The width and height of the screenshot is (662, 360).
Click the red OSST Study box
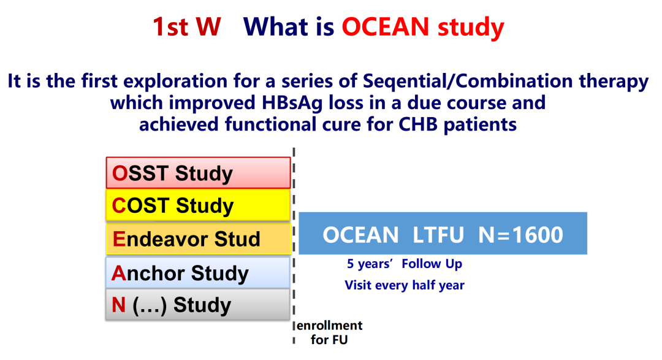198,173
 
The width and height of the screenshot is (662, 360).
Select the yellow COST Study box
198,205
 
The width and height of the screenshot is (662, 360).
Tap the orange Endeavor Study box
198,239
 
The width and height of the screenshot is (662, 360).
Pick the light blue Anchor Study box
198,273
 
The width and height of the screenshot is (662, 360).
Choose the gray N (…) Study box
198,304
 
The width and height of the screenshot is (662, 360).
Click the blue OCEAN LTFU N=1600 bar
443,233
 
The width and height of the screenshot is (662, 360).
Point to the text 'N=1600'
520,234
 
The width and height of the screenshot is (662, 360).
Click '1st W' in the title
186,26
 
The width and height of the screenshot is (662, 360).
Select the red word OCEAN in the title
386,26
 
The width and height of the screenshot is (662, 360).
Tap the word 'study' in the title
471,28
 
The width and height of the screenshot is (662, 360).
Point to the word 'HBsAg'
292,103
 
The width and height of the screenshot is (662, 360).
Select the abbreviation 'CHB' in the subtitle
417,124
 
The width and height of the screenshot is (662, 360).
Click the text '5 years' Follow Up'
405,264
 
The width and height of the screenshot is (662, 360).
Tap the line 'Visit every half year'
405,285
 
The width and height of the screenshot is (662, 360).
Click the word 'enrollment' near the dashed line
329,326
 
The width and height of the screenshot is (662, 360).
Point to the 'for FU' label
329,340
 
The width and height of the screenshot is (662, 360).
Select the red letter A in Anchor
119,273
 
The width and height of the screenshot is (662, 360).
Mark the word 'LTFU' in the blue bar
438,234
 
